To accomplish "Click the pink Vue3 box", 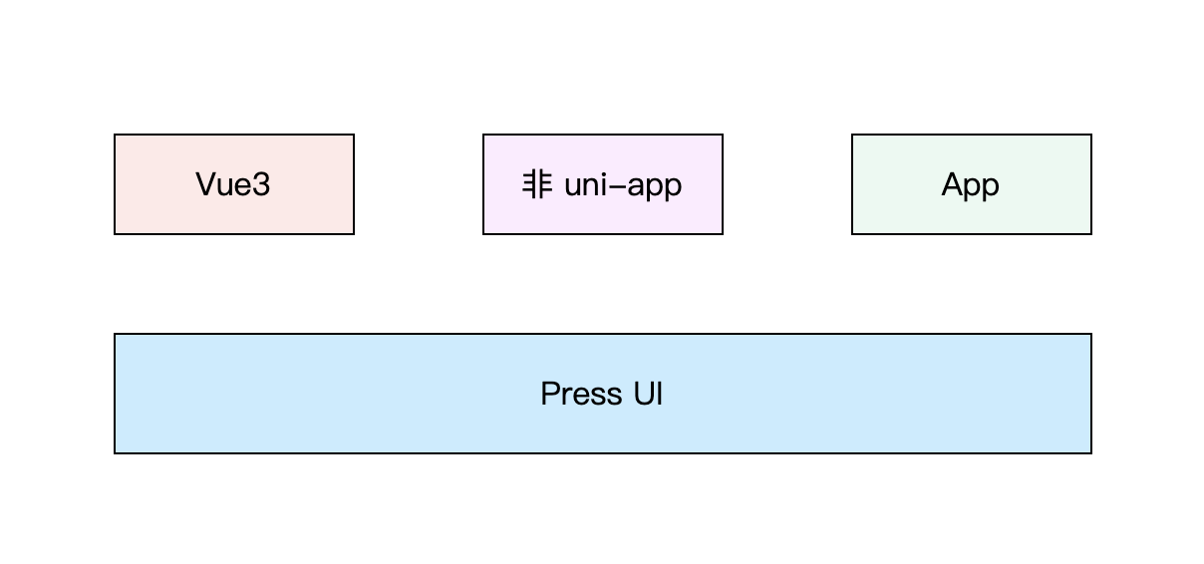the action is click(x=234, y=184).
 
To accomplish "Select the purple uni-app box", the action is click(x=603, y=184).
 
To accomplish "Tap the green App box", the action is click(x=971, y=184).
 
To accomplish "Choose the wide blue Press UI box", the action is click(x=603, y=394).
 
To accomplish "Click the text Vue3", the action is click(x=233, y=184).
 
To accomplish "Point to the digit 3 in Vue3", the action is click(x=261, y=184).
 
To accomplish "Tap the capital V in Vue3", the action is click(x=207, y=184).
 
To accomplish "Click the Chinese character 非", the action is click(x=537, y=184).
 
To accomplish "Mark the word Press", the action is click(x=581, y=394).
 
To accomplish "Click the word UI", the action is click(x=648, y=394).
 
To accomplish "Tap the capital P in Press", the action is click(x=550, y=394).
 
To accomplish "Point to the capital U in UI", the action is click(x=644, y=394).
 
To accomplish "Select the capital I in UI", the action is click(x=660, y=394).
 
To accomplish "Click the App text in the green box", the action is click(x=970, y=186).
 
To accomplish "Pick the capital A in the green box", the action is click(x=953, y=184).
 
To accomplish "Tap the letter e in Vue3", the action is click(x=242, y=187).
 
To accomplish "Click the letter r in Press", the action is click(x=566, y=397).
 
